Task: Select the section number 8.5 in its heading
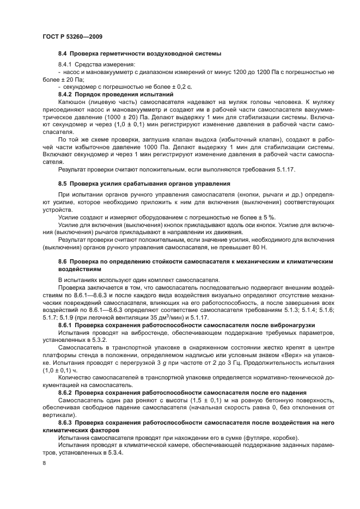pos(63,182)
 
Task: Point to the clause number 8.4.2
pos(67,94)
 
